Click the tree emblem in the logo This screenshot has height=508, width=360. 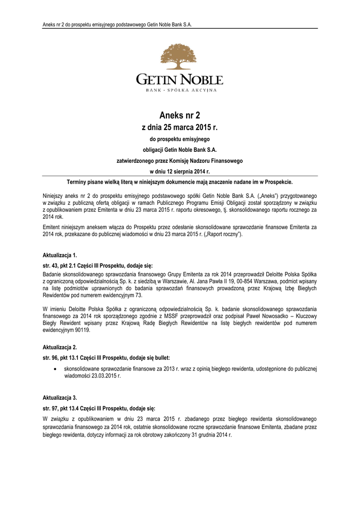click(180, 57)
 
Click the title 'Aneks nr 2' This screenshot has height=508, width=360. click(180, 116)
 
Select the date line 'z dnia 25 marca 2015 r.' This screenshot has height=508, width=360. click(180, 127)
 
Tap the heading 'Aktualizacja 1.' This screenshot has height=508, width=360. click(60, 255)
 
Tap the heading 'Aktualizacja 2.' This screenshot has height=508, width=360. click(60, 348)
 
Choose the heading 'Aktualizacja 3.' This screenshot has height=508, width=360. click(60, 398)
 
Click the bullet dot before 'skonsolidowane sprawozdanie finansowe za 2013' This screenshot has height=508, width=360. click(54, 369)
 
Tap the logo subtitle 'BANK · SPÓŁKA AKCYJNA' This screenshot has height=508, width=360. click(180, 90)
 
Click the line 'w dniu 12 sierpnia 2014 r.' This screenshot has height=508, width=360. click(180, 171)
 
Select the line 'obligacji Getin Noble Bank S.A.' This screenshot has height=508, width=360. click(180, 149)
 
